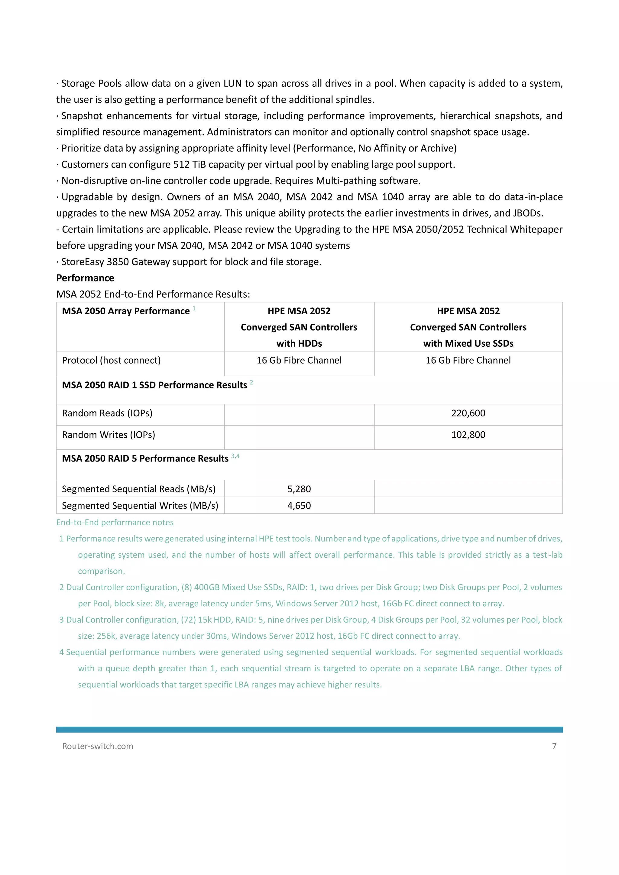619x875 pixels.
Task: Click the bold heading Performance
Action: point(85,278)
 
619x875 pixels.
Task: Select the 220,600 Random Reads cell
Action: point(468,413)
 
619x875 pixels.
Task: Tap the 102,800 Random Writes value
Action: point(468,435)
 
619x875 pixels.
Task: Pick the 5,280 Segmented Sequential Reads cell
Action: point(299,489)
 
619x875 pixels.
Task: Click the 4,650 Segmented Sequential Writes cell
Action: point(299,506)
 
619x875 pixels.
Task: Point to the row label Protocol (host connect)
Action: point(111,360)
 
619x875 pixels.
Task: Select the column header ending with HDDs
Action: point(299,327)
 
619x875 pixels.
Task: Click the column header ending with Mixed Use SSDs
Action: point(468,327)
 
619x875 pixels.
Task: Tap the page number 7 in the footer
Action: point(554,746)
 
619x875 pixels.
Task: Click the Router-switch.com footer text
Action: point(98,746)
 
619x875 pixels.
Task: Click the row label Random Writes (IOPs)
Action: point(108,435)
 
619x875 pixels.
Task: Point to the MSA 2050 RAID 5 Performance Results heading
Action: point(145,459)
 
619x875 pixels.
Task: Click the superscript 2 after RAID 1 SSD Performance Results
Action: point(251,382)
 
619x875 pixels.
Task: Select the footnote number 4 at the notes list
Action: point(61,652)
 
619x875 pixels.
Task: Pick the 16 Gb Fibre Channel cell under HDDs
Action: point(299,360)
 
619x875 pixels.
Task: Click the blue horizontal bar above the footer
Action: point(309,729)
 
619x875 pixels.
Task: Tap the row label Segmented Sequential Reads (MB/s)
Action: point(139,489)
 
